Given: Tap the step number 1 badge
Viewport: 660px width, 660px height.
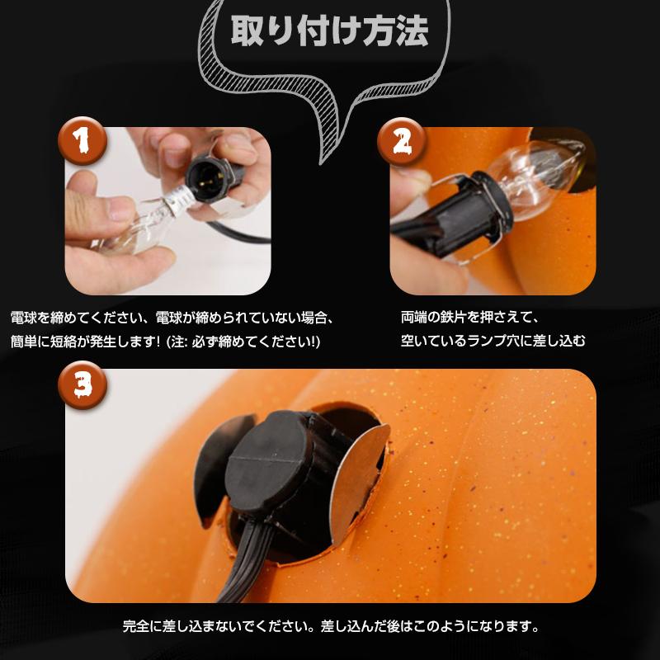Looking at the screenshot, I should pyautogui.click(x=81, y=142).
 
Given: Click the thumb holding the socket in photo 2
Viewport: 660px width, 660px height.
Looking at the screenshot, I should pyautogui.click(x=412, y=181).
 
